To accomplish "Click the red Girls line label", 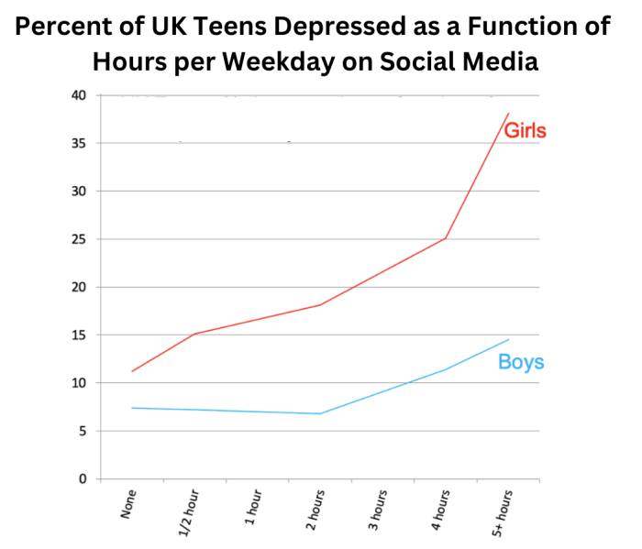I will pyautogui.click(x=525, y=131).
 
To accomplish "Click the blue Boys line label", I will pyautogui.click(x=521, y=362).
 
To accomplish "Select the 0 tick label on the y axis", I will pyautogui.click(x=83, y=479).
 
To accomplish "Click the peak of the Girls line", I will pyautogui.click(x=508, y=114).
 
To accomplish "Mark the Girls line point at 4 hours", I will pyautogui.click(x=446, y=238).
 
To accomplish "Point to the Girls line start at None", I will pyautogui.click(x=133, y=371).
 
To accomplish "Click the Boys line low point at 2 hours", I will pyautogui.click(x=320, y=413).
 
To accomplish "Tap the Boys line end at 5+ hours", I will pyautogui.click(x=508, y=340).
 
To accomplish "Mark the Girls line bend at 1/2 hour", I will pyautogui.click(x=195, y=334).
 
